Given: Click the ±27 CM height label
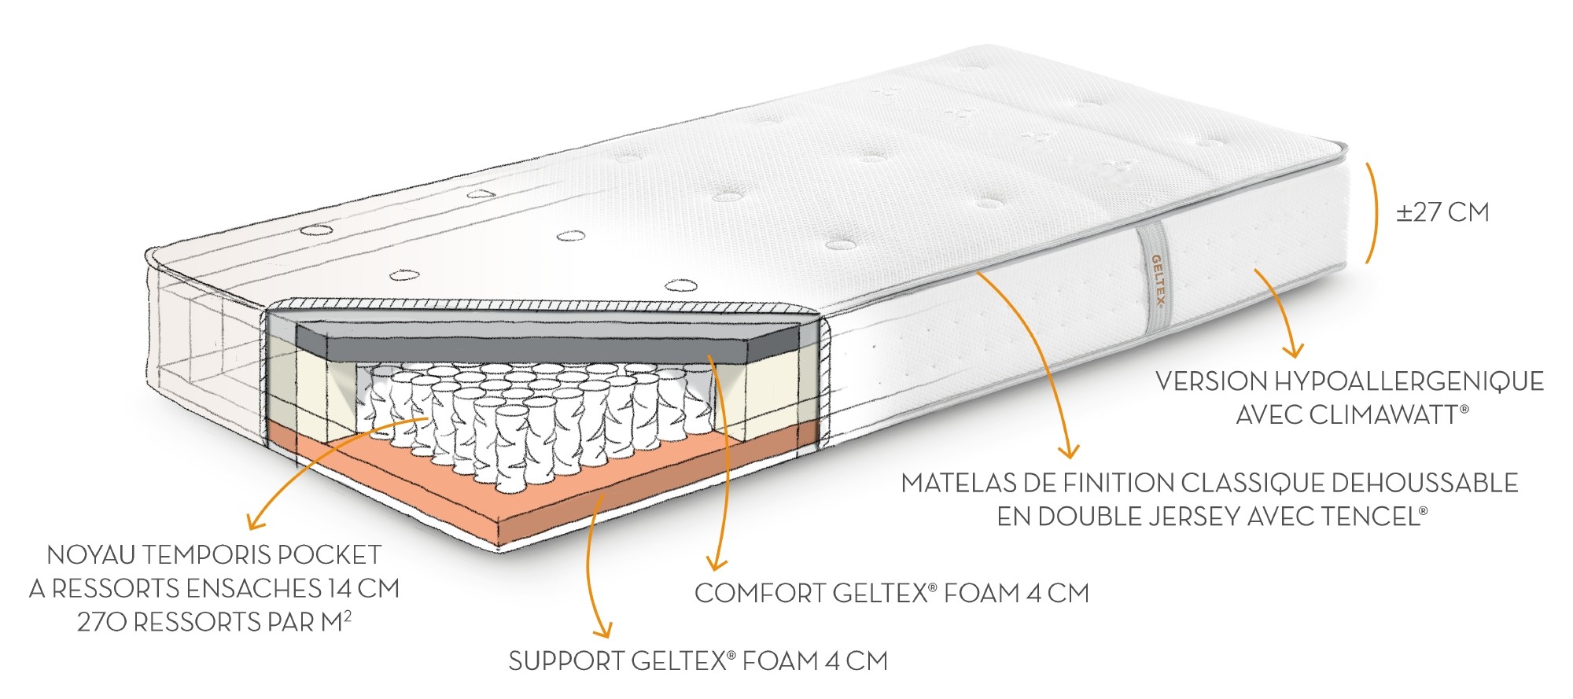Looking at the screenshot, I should (1442, 212).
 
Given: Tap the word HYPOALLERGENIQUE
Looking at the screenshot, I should (1409, 381).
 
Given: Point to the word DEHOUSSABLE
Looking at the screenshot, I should (1424, 483).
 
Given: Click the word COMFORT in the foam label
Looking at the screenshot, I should (759, 593).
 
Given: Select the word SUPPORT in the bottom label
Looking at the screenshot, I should (565, 661).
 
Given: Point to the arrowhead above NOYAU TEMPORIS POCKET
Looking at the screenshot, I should (255, 521).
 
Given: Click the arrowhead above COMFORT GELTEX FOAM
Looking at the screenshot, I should (716, 563).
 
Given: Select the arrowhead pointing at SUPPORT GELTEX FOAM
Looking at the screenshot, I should (602, 630).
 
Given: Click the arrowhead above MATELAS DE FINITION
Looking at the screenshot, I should (1067, 451).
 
